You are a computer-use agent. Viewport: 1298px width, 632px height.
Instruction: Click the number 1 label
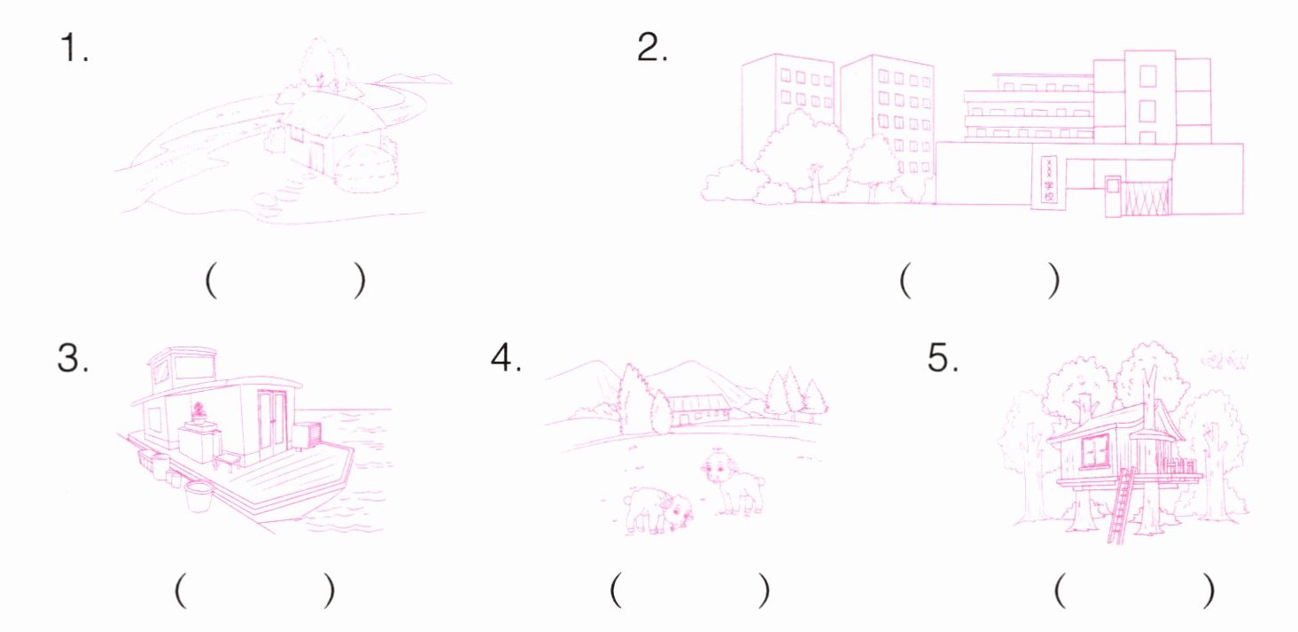pos(74,48)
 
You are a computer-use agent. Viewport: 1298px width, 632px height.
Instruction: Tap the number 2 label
pos(652,47)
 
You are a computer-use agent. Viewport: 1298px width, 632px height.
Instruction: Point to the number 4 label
pos(506,357)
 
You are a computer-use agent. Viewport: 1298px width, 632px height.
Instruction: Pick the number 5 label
pos(943,358)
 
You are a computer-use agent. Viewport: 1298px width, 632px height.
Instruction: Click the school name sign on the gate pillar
pos(1048,180)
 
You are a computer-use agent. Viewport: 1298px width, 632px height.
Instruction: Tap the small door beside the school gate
pos(1113,197)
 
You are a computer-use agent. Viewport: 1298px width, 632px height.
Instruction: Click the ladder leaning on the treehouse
pos(1121,505)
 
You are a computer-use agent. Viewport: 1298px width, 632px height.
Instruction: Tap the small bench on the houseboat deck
pos(227,462)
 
